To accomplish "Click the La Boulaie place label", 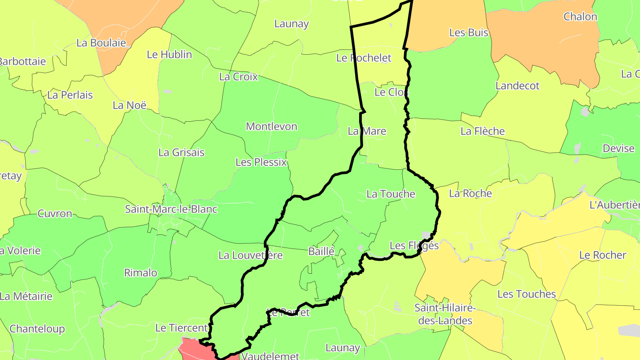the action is pyautogui.click(x=101, y=43).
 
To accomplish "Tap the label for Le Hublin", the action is pyautogui.click(x=169, y=55).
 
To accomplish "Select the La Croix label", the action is pyautogui.click(x=238, y=77).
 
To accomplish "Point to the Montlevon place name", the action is pyautogui.click(x=272, y=127).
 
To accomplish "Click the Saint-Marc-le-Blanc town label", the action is pyautogui.click(x=171, y=209).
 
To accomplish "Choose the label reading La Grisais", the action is pyautogui.click(x=181, y=152).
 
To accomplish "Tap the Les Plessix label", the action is pyautogui.click(x=261, y=162).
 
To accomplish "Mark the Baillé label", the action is pyautogui.click(x=321, y=252).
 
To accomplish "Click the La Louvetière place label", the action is pyautogui.click(x=251, y=256).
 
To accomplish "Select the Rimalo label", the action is pyautogui.click(x=140, y=273).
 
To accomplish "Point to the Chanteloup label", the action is pyautogui.click(x=37, y=329).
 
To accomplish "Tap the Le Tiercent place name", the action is pyautogui.click(x=181, y=328).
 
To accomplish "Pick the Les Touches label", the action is pyautogui.click(x=527, y=294).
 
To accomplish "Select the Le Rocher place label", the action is pyautogui.click(x=603, y=256).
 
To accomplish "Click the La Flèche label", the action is pyautogui.click(x=483, y=131).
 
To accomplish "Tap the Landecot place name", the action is pyautogui.click(x=517, y=86).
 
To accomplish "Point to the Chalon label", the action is pyautogui.click(x=580, y=17).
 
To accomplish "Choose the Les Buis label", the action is pyautogui.click(x=469, y=33).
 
